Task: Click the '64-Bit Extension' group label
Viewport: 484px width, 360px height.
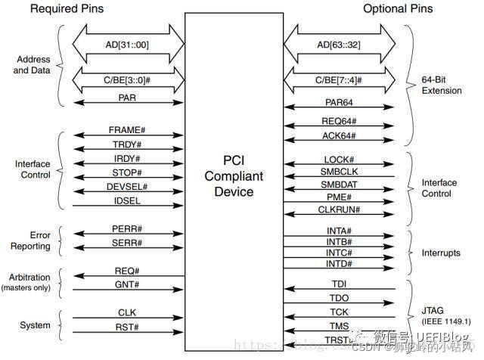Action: pyautogui.click(x=442, y=85)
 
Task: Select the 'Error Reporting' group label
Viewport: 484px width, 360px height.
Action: pyautogui.click(x=31, y=241)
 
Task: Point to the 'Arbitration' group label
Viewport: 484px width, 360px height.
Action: pyautogui.click(x=29, y=278)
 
